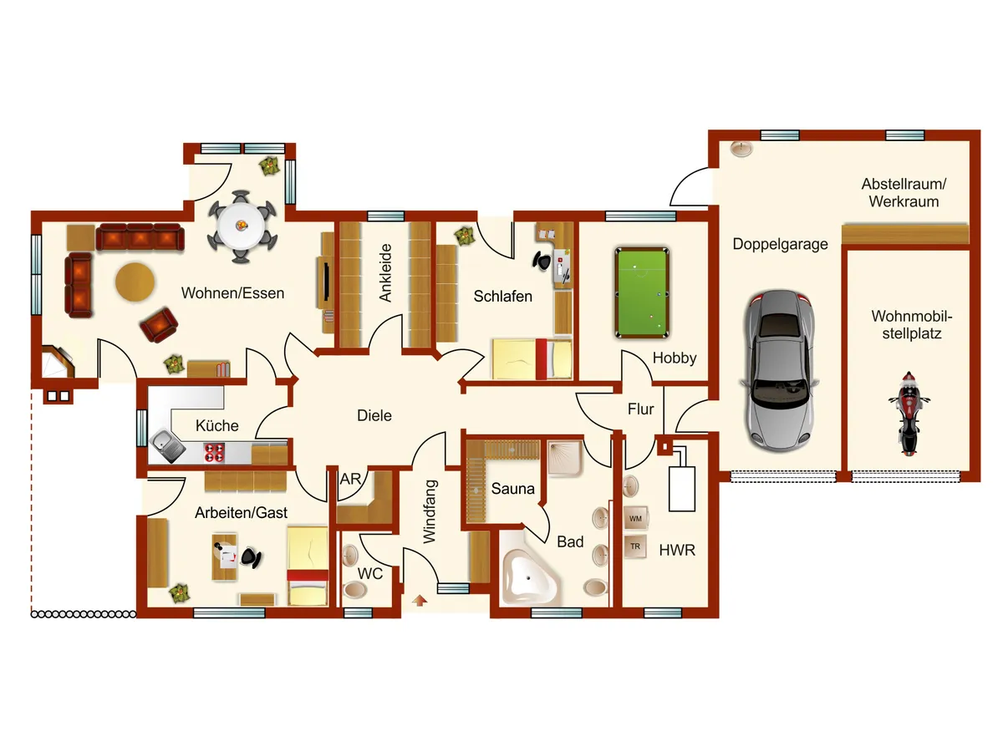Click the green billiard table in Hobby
642,292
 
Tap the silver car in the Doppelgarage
779,371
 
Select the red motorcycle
909,414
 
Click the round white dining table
242,226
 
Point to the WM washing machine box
635,518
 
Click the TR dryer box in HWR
635,546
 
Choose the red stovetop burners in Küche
214,452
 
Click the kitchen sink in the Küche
166,445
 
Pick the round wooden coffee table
135,282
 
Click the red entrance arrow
419,601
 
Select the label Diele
374,415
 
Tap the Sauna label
512,489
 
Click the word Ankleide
386,272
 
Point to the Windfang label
430,511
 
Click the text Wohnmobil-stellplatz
912,325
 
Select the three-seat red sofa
140,236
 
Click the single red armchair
159,325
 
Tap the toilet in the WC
355,588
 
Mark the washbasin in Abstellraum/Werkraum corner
741,149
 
